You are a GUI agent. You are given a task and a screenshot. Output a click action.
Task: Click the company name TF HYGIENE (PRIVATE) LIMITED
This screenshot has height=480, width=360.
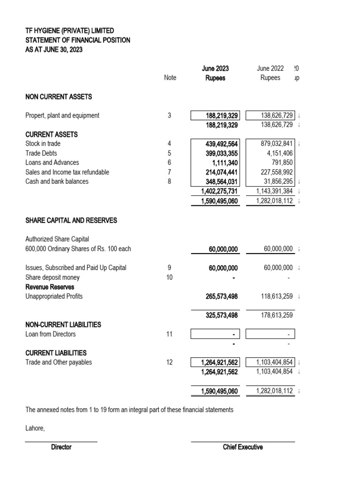coord(69,30)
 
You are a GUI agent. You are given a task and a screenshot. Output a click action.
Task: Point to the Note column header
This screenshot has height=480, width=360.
coord(170,78)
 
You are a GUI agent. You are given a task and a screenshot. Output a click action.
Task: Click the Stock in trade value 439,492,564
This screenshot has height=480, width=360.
coord(219,144)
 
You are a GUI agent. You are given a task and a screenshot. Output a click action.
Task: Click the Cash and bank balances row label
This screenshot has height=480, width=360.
coord(57,181)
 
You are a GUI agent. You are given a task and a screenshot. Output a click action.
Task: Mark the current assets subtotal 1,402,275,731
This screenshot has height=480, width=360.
coord(219,191)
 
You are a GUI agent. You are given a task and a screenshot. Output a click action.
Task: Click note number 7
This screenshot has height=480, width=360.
coord(170,172)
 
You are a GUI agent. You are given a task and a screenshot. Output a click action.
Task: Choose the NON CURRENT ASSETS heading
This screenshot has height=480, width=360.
coord(59,97)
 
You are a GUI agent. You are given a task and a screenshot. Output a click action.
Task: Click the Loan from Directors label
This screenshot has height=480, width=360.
coord(50,334)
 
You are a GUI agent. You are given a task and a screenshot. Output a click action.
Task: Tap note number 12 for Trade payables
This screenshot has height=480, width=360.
coord(170,362)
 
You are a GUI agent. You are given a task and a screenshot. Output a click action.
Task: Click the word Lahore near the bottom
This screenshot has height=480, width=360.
coord(35,428)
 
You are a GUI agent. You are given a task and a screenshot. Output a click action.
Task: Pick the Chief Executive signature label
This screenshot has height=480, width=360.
coord(243,447)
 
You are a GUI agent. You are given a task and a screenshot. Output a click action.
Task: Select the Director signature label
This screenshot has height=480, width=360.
coord(61,447)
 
